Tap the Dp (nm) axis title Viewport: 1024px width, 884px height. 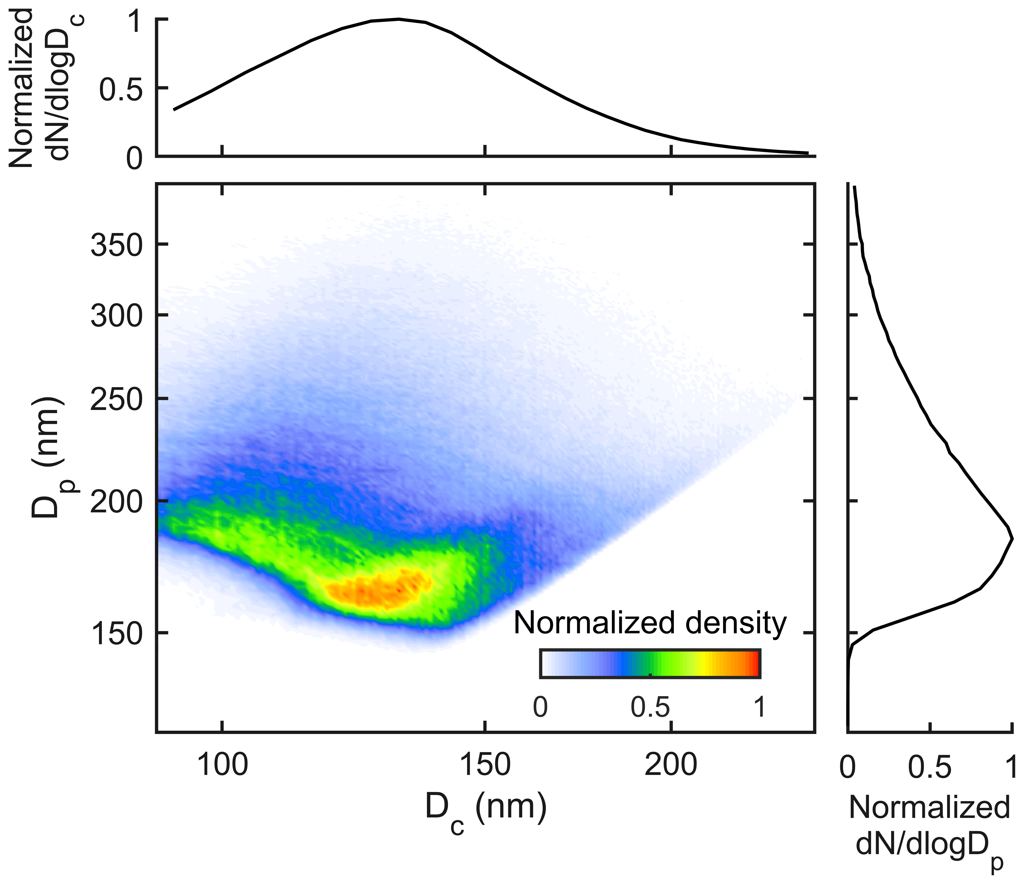pyautogui.click(x=49, y=457)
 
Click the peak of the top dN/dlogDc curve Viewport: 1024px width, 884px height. pyautogui.click(x=398, y=19)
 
